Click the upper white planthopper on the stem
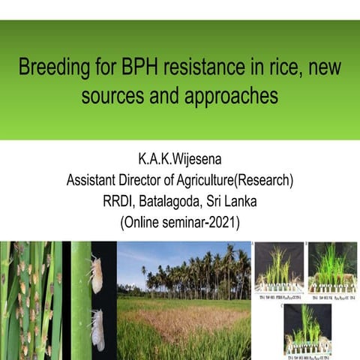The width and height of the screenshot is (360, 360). tap(96, 275)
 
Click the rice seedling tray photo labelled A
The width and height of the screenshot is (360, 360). tap(279, 270)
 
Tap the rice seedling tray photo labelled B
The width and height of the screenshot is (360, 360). tap(332, 270)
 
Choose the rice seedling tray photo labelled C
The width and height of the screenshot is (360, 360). tap(307, 330)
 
